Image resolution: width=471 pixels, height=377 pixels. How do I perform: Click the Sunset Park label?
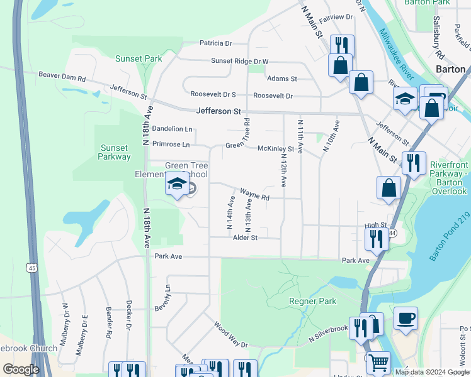[x=139, y=58]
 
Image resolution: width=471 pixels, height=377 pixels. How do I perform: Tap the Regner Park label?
[x=312, y=302]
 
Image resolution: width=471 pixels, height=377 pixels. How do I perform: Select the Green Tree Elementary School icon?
[x=177, y=185]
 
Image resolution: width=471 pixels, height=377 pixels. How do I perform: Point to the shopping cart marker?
[x=378, y=363]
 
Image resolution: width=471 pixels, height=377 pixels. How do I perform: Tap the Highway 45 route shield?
[x=32, y=268]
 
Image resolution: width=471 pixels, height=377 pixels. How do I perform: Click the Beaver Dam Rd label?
[x=62, y=75]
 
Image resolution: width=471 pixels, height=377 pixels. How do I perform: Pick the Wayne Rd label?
[x=254, y=194]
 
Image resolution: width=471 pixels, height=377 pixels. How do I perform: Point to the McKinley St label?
[x=276, y=149]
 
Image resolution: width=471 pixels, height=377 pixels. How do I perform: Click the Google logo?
[x=21, y=369]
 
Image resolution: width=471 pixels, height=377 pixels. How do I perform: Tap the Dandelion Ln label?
[x=172, y=129]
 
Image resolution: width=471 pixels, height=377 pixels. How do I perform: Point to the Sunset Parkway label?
[x=115, y=152]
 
